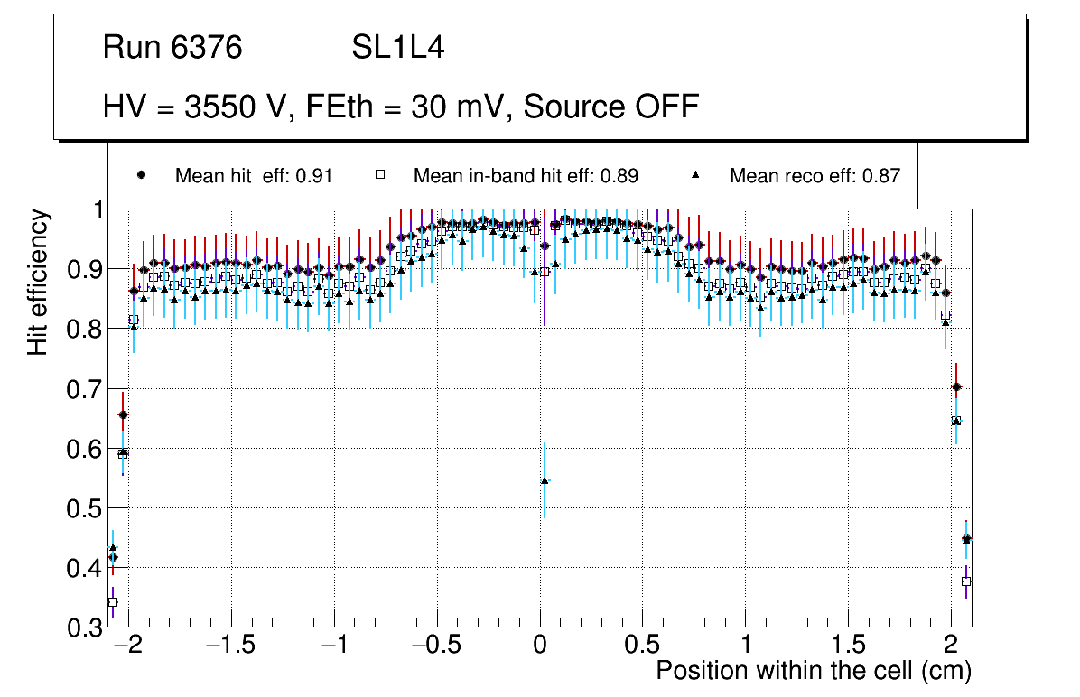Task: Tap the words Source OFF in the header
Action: click(x=610, y=107)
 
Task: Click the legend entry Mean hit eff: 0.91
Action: click(x=254, y=176)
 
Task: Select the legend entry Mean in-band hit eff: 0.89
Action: click(x=526, y=176)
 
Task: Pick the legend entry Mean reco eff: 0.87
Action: click(x=815, y=176)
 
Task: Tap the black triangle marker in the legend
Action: click(x=696, y=175)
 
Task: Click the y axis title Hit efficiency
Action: click(x=38, y=282)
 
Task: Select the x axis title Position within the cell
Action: click(x=813, y=672)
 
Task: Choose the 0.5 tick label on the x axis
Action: click(x=643, y=646)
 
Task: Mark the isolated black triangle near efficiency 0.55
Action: click(x=545, y=480)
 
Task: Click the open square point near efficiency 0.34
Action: click(x=113, y=602)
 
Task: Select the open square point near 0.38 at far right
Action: click(x=966, y=581)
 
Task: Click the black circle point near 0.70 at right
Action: click(x=956, y=387)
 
